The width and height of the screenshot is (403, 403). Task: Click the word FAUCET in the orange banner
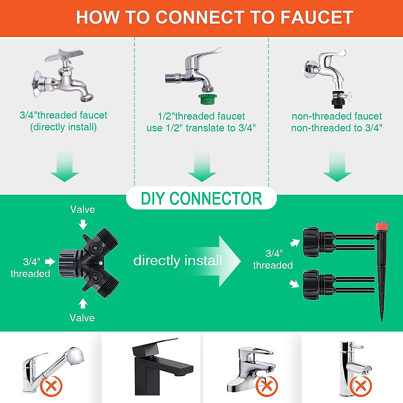click(317, 17)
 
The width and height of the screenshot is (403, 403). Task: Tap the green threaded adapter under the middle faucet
click(208, 99)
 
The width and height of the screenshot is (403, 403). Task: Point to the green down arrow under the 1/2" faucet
click(202, 166)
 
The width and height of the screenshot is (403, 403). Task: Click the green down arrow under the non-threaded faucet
click(337, 166)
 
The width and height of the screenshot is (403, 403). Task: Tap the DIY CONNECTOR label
click(201, 198)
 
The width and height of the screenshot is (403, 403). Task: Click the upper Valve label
click(82, 210)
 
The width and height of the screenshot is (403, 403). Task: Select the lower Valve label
click(82, 318)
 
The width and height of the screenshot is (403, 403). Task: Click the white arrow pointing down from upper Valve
click(83, 225)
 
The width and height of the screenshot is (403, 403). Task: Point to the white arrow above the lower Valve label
click(83, 303)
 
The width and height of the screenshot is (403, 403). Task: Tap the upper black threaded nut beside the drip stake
click(311, 242)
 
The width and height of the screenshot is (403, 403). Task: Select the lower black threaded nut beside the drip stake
click(311, 285)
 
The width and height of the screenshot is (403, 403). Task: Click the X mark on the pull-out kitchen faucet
click(51, 386)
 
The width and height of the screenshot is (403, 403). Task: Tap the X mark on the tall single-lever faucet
click(361, 386)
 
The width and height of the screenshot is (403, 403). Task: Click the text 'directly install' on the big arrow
click(178, 260)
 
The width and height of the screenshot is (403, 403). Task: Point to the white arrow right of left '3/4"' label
click(50, 261)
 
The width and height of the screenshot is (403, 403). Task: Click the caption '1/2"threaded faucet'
click(201, 116)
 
